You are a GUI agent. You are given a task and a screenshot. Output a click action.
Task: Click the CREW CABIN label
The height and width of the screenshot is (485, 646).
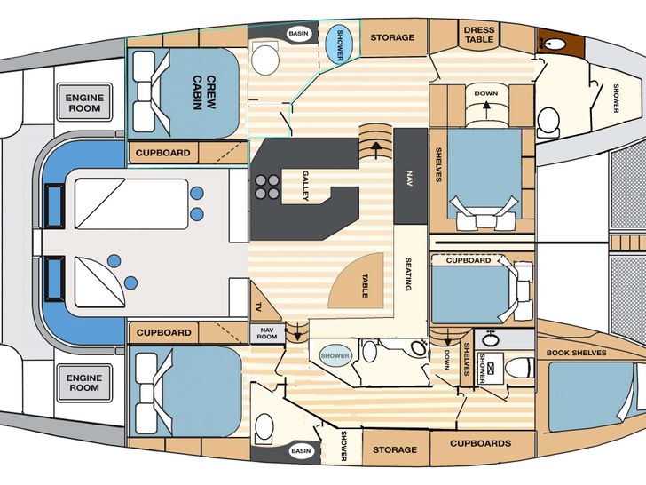[x=204, y=92]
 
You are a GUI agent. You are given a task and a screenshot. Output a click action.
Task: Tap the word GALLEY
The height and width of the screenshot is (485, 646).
[x=305, y=186]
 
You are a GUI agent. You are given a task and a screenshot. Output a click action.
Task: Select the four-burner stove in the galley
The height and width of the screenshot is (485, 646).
[x=266, y=187]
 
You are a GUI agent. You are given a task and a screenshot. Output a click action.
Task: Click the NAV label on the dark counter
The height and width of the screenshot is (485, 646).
[x=409, y=179]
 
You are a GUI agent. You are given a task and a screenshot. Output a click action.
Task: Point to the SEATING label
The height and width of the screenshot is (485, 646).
[x=408, y=274]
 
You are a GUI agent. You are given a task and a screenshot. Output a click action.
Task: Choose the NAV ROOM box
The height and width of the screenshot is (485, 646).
[x=267, y=334]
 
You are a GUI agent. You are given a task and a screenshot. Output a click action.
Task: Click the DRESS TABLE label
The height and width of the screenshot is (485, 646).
[x=479, y=35]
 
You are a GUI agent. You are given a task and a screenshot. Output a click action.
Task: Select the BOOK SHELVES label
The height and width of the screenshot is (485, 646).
[x=577, y=353]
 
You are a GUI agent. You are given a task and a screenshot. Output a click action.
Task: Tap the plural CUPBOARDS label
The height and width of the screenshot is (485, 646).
[x=480, y=443]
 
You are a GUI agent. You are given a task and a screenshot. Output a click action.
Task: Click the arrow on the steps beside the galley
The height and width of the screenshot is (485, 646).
[x=375, y=149]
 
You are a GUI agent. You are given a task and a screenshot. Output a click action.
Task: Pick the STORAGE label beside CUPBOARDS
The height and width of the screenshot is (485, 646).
[x=395, y=449]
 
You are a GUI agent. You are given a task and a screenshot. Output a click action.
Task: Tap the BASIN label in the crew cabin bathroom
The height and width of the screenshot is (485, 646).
[x=298, y=34]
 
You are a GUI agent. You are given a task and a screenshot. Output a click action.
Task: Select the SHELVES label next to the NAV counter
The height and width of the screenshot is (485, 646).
[x=438, y=164]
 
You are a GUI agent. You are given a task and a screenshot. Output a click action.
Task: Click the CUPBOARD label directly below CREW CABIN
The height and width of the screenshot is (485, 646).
[x=162, y=153]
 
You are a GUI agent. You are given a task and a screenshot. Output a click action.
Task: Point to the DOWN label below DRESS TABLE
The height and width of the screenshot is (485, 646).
[x=485, y=93]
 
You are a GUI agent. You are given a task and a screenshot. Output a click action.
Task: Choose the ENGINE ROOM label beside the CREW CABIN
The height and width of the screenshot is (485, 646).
[x=84, y=103]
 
